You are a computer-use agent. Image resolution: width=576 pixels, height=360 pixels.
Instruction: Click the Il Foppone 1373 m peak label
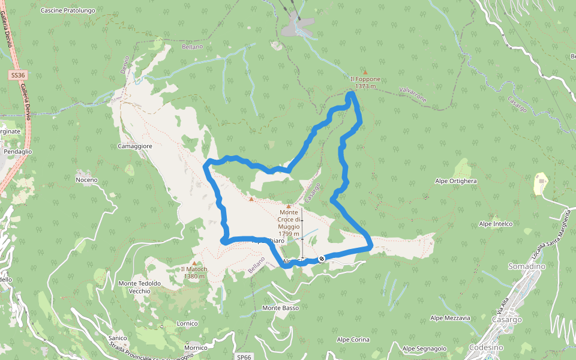pyautogui.click(x=365, y=82)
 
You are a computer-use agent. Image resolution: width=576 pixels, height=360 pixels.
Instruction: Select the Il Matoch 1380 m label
pyautogui.click(x=194, y=272)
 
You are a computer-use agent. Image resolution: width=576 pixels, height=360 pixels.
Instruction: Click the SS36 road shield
pyautogui.click(x=18, y=75)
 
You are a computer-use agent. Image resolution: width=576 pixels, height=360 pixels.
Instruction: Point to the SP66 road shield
pyautogui.click(x=243, y=357)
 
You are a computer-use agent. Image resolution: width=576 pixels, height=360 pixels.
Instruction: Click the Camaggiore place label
pyautogui.click(x=135, y=146)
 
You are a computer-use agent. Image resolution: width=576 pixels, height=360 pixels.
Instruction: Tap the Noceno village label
pyautogui.click(x=86, y=179)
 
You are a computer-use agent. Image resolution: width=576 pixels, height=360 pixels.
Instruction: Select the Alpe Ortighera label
pyautogui.click(x=456, y=181)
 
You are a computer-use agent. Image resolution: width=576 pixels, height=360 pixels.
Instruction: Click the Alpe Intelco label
pyautogui.click(x=496, y=224)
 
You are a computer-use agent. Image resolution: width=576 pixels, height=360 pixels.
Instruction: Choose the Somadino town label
pyautogui.click(x=527, y=266)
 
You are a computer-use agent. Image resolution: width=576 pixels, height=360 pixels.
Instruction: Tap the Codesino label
pyautogui.click(x=487, y=347)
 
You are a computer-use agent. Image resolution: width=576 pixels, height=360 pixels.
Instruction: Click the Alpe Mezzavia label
pyautogui.click(x=450, y=318)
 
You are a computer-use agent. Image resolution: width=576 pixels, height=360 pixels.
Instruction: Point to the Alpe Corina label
pyautogui.click(x=353, y=340)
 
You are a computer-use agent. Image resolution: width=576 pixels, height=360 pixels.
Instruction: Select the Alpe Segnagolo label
pyautogui.click(x=425, y=349)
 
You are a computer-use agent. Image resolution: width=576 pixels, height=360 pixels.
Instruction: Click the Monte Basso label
pyautogui.click(x=280, y=308)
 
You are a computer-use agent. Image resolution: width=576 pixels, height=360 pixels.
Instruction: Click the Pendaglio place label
pyautogui.click(x=18, y=152)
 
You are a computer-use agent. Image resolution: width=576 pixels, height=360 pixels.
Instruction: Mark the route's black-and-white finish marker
pyautogui.click(x=322, y=259)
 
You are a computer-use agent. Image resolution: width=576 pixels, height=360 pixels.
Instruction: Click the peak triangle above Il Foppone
pyautogui.click(x=365, y=72)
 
